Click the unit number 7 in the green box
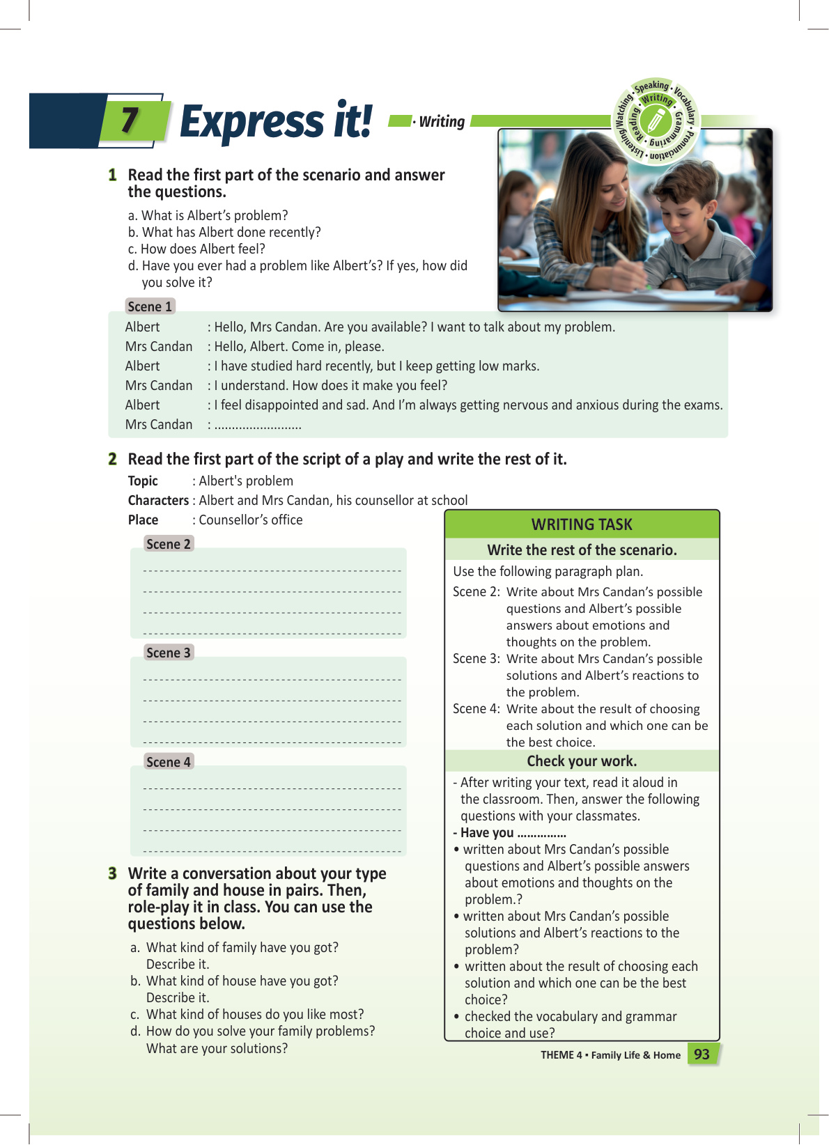[x=130, y=120]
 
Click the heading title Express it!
[x=276, y=122]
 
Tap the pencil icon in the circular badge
[x=656, y=121]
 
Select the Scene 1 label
[x=150, y=306]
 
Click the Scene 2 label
[x=168, y=544]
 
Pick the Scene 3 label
[x=168, y=653]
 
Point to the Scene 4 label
[x=168, y=762]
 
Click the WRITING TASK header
[x=582, y=524]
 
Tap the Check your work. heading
[x=582, y=761]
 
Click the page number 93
[x=702, y=1054]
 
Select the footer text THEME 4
[x=561, y=1055]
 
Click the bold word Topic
[x=143, y=481]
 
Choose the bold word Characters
[x=158, y=501]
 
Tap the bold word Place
[x=143, y=520]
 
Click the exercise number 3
[x=112, y=873]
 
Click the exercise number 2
[x=112, y=459]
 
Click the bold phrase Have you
[x=486, y=833]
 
